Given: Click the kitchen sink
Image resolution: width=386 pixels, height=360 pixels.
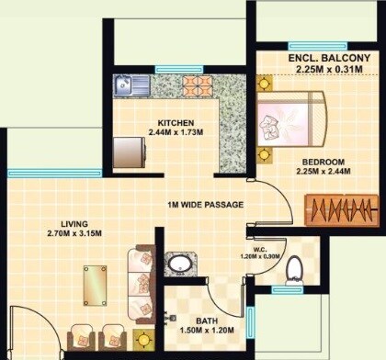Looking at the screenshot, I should (129, 86).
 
